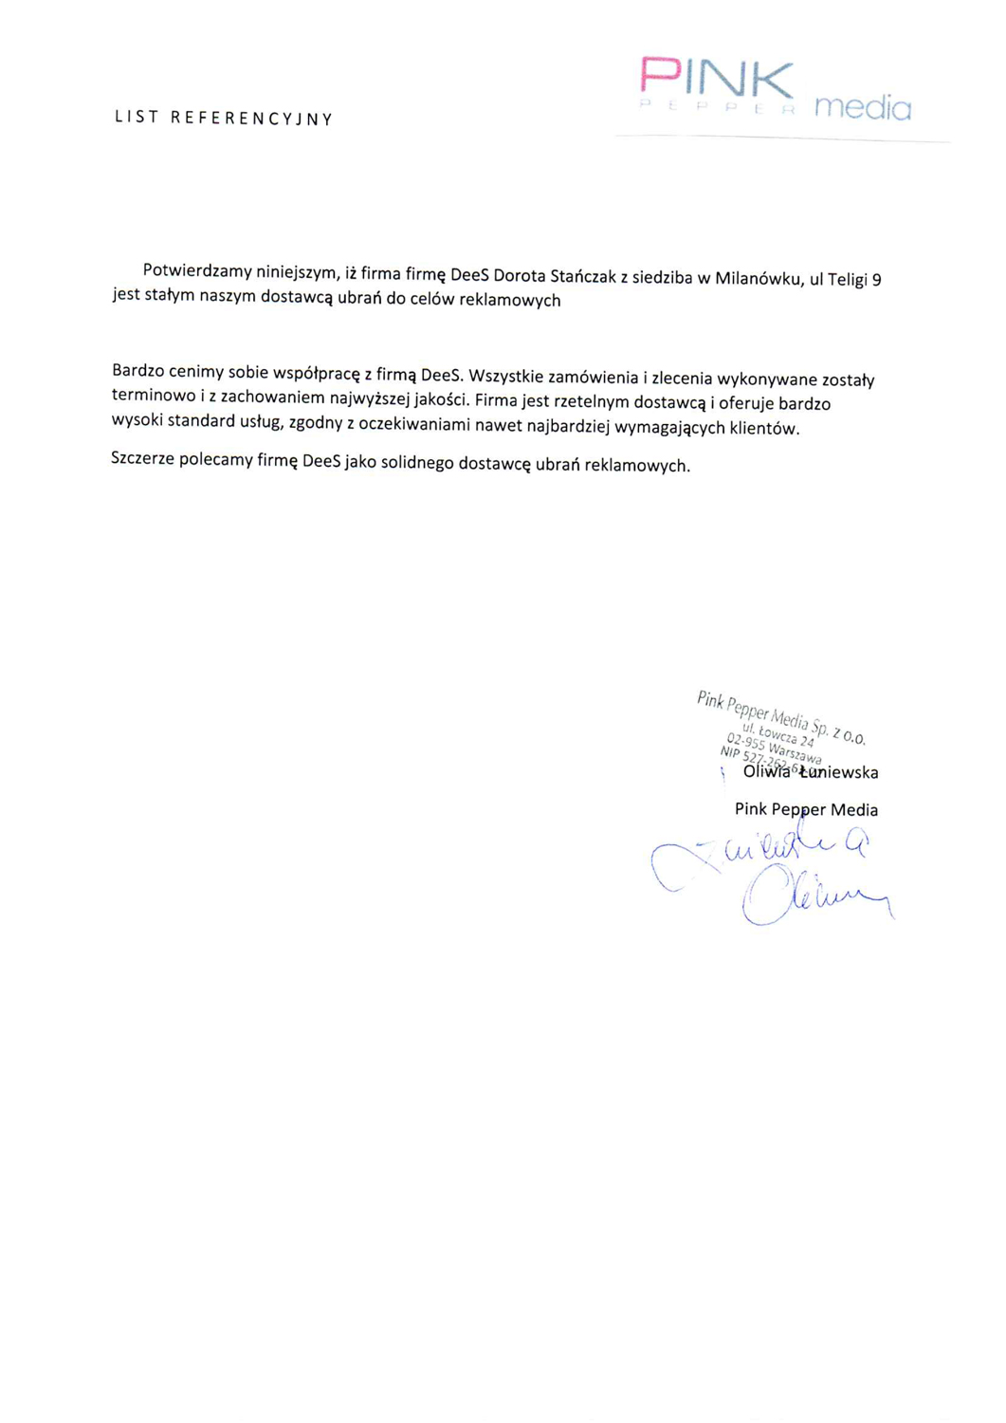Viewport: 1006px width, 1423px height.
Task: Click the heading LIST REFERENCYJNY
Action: tap(224, 119)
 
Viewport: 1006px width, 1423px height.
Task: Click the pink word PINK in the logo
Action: tap(717, 78)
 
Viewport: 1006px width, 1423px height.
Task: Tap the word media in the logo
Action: tap(863, 107)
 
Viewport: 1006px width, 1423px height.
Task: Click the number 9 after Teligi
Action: tap(876, 280)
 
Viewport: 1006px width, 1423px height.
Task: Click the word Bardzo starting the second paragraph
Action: tap(137, 370)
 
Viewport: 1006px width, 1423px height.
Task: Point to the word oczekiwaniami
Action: tap(414, 424)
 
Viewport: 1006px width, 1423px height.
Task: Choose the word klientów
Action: tap(764, 429)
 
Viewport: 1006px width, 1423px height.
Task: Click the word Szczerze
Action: tap(142, 459)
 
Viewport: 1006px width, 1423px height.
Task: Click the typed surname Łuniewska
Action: tap(838, 772)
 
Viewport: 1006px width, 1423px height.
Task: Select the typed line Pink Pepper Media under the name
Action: tap(806, 809)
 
